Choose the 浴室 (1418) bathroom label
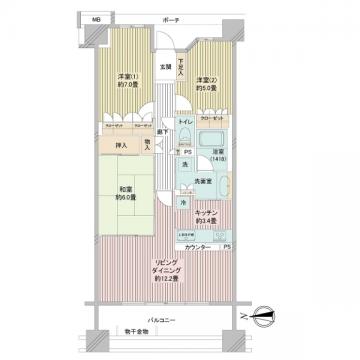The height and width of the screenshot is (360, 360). (x=219, y=156)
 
